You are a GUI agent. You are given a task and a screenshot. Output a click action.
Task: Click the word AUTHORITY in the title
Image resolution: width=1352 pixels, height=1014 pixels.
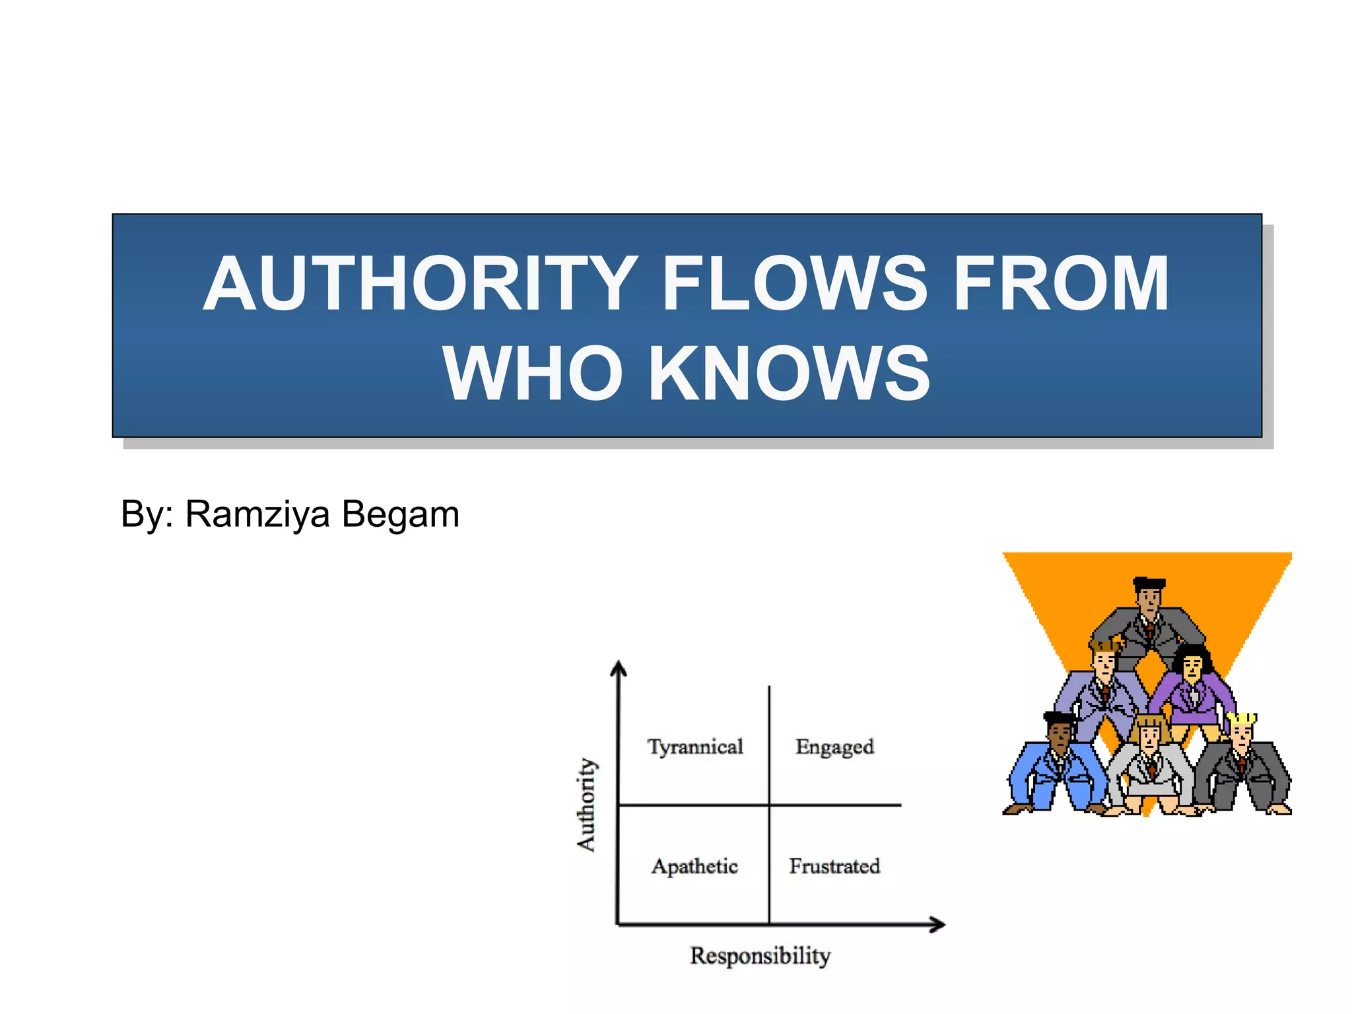421,284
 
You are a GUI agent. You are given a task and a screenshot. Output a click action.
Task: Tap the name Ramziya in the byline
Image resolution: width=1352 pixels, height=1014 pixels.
257,514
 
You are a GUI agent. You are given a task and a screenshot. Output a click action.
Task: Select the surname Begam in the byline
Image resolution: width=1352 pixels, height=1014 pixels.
401,514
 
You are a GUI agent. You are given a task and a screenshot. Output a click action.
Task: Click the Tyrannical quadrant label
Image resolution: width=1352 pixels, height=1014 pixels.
695,747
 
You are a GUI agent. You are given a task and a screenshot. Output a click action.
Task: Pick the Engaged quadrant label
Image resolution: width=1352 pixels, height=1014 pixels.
834,747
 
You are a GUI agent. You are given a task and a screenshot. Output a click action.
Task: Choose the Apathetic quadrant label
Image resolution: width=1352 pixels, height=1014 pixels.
694,866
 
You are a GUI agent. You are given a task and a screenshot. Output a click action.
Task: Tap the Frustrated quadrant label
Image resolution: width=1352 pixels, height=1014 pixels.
834,866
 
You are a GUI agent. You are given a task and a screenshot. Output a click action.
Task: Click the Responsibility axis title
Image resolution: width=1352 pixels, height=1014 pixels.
760,955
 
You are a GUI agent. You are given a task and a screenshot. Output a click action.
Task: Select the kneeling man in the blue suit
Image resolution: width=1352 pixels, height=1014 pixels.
1056,766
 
